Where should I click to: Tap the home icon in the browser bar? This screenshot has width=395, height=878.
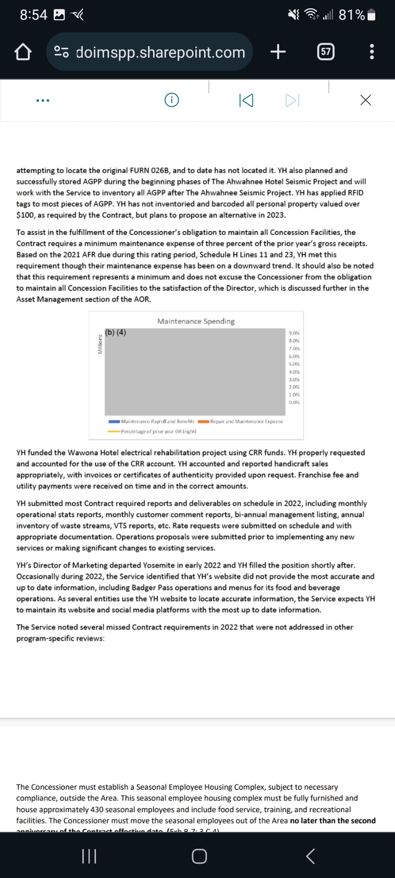[x=22, y=52]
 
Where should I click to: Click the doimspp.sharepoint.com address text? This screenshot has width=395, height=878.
[x=160, y=52]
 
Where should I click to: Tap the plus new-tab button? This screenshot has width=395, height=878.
[x=278, y=52]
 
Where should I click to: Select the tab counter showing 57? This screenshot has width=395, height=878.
[x=326, y=52]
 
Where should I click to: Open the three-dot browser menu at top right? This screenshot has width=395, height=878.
[x=373, y=52]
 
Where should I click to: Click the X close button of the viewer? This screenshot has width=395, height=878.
[x=365, y=100]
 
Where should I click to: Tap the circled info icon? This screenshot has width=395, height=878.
[x=172, y=100]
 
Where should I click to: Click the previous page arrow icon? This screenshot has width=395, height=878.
[x=246, y=100]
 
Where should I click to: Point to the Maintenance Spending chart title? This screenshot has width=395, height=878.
[x=196, y=321]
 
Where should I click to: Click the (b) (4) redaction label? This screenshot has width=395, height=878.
[x=116, y=332]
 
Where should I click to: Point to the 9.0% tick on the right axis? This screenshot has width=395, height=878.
[x=294, y=333]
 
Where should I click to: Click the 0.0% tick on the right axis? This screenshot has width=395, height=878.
[x=294, y=402]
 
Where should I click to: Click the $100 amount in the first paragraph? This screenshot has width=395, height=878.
[x=25, y=215]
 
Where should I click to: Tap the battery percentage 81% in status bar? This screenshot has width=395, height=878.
[x=352, y=15]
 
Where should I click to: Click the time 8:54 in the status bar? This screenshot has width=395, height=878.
[x=33, y=15]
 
